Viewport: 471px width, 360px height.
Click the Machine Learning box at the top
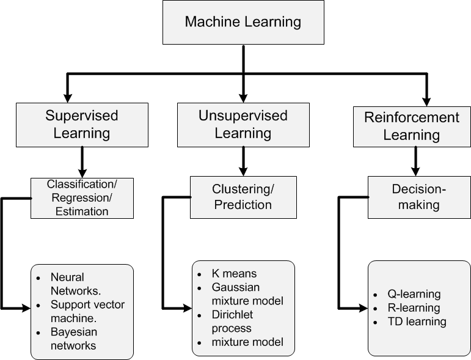243,22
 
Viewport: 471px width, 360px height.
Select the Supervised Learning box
82,125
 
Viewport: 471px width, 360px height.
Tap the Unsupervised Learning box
243,125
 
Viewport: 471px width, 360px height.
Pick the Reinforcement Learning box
412,127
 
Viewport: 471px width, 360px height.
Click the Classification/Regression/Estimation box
82,198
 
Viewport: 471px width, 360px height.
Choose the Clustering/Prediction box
243,197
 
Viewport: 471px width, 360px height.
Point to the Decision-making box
419,197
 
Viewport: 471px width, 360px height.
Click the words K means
235,274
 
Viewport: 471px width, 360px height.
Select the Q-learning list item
414,294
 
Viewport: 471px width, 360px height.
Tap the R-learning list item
414,307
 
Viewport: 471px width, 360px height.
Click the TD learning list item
417,321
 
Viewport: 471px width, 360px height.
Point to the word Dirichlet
232,315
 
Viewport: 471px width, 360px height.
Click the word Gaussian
236,287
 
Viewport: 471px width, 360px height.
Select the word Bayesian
74,332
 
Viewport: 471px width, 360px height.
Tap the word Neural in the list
67,277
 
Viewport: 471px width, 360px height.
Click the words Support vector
87,305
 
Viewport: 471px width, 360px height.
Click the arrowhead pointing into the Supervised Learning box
68,98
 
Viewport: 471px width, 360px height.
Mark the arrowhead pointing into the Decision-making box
415,172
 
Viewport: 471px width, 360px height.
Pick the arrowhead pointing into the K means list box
188,308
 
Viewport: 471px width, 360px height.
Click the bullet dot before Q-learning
375,295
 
